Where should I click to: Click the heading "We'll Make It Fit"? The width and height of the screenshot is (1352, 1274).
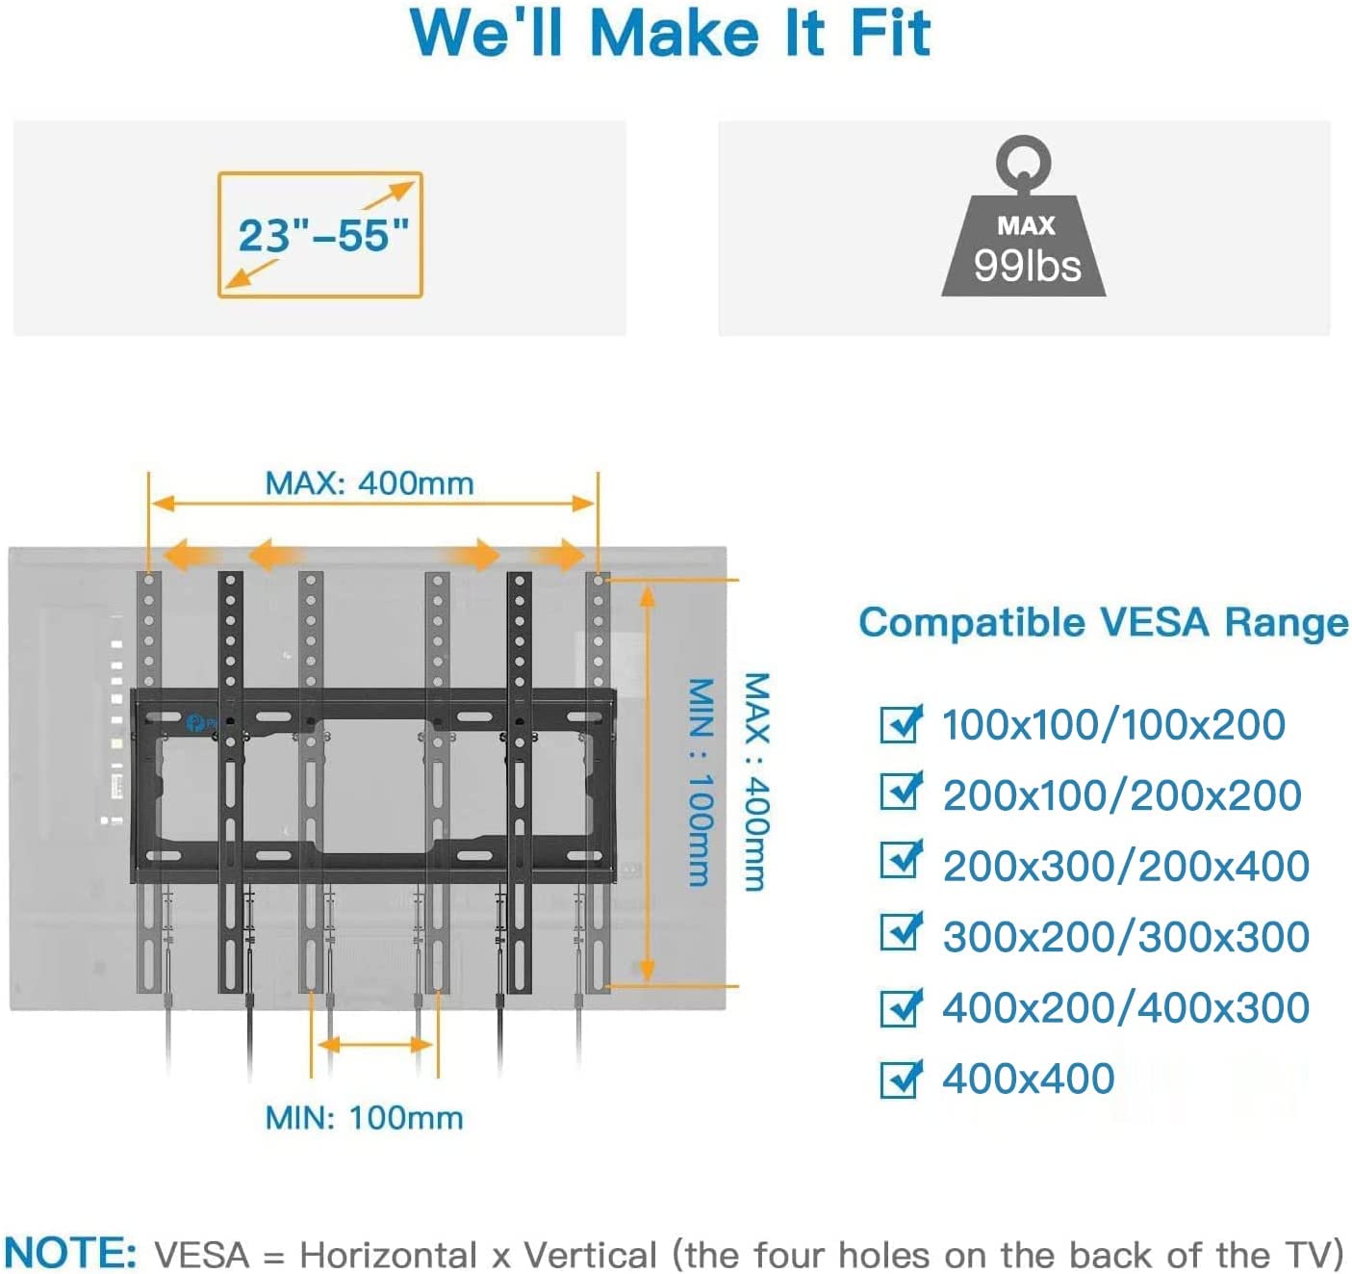[x=671, y=34]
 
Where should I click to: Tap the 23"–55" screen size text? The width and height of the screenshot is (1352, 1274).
[x=323, y=236]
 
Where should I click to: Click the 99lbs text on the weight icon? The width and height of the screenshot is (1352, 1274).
[x=1027, y=266]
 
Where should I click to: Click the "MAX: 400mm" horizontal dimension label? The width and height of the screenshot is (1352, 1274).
[x=369, y=483]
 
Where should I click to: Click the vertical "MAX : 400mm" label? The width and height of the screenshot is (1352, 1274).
[x=756, y=781]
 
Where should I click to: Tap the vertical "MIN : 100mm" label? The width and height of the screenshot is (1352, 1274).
[x=701, y=781]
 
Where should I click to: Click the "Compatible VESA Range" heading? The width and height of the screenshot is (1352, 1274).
[x=1103, y=622]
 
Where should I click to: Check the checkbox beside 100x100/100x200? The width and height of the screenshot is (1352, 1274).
[x=901, y=723]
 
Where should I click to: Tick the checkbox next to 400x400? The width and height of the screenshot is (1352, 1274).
[x=901, y=1079]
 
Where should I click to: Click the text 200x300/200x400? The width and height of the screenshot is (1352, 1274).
[x=1126, y=866]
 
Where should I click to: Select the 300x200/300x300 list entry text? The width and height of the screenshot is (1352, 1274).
[x=1126, y=937]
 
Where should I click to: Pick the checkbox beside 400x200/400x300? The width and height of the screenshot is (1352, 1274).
[x=901, y=1007]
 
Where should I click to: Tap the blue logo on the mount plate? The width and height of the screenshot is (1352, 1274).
[x=193, y=722]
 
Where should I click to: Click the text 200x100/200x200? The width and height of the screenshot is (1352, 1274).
[x=1122, y=795]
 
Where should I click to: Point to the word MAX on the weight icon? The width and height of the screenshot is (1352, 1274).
[x=1026, y=225]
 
